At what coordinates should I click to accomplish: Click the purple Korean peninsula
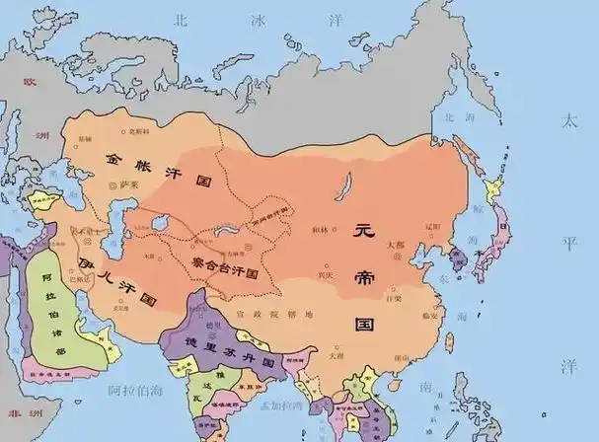(455, 258)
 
